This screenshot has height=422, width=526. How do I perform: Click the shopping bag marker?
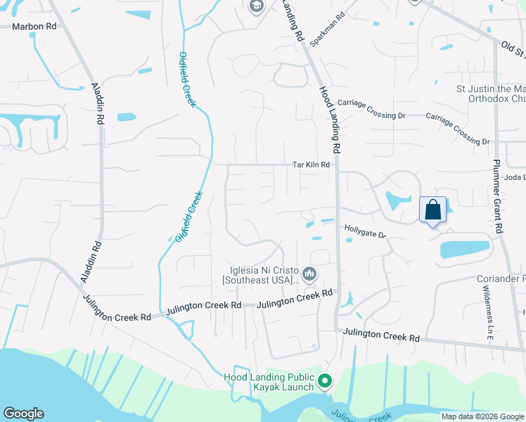pyautogui.click(x=433, y=210)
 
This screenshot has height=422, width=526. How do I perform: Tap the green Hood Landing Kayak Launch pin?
pyautogui.click(x=324, y=382)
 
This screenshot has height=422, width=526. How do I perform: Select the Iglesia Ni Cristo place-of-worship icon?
pyautogui.click(x=309, y=273)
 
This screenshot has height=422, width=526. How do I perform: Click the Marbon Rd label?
pyautogui.click(x=34, y=26)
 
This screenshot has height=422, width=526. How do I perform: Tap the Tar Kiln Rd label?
pyautogui.click(x=312, y=165)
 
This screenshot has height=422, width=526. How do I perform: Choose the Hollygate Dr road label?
pyautogui.click(x=365, y=231)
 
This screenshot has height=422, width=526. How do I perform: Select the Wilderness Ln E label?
pyautogui.click(x=489, y=317)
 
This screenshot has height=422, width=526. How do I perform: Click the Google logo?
pyautogui.click(x=23, y=414)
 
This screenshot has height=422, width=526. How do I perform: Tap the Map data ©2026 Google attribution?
pyautogui.click(x=482, y=416)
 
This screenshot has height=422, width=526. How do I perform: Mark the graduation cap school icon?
pyautogui.click(x=256, y=6)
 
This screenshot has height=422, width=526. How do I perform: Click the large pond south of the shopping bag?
pyautogui.click(x=464, y=250)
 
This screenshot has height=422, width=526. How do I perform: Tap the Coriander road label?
pyautogui.click(x=501, y=279)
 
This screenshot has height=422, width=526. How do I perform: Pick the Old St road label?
pyautogui.click(x=513, y=49)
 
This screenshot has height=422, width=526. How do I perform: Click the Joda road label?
pyautogui.click(x=515, y=178)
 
